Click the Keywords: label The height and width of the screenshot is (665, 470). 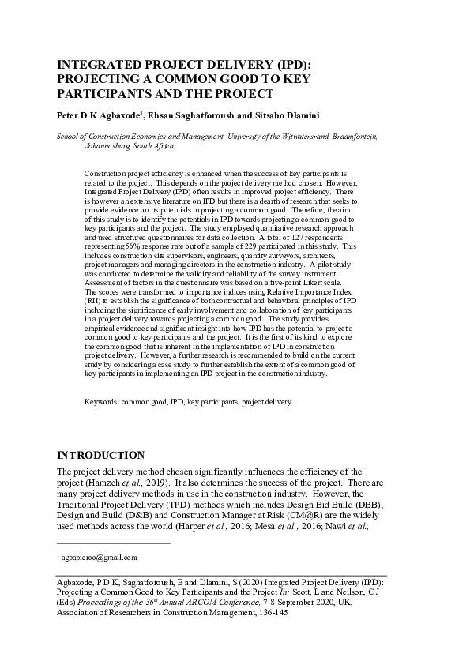(101, 402)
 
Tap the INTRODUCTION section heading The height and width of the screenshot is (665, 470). (101, 455)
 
